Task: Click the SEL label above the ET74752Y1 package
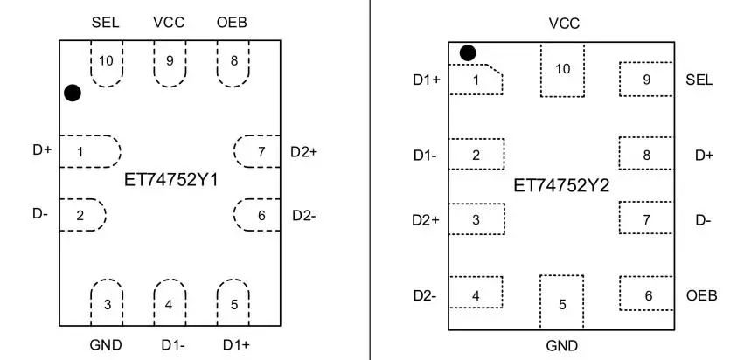click(x=106, y=23)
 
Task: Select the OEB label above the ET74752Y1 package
click(x=232, y=23)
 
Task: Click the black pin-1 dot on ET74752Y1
click(x=73, y=93)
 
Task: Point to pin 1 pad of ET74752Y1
click(x=87, y=151)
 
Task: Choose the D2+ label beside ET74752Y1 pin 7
click(x=303, y=152)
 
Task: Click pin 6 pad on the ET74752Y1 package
click(x=256, y=215)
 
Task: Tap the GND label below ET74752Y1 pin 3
click(x=106, y=344)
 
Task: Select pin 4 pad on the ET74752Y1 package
click(x=169, y=301)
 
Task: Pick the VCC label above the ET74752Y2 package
click(x=563, y=24)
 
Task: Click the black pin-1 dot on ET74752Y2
click(x=468, y=53)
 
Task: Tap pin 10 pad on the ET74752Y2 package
click(x=563, y=72)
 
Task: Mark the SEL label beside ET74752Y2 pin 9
click(x=699, y=80)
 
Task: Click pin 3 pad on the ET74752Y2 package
click(x=476, y=219)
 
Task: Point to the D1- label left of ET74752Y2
click(x=426, y=156)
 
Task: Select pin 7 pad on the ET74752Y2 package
click(x=647, y=219)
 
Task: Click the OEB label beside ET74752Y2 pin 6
click(x=701, y=295)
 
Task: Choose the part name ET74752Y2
click(x=562, y=186)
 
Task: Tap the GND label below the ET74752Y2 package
click(x=562, y=345)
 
